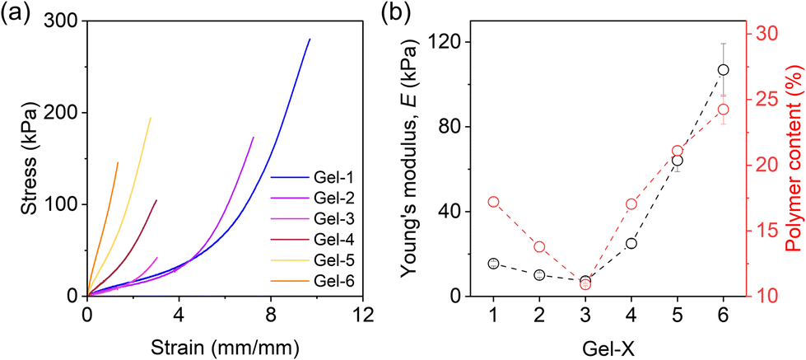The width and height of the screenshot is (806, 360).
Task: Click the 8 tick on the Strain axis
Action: click(271, 313)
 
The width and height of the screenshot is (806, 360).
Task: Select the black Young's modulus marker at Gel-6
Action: click(724, 70)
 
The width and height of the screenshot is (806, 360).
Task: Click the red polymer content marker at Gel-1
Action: click(493, 202)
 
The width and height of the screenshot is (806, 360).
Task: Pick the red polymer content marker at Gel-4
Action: click(631, 204)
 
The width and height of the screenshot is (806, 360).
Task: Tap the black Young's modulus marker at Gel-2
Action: click(539, 275)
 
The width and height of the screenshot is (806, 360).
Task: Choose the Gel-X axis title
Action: click(608, 346)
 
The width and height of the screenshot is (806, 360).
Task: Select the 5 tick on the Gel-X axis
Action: click(678, 314)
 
